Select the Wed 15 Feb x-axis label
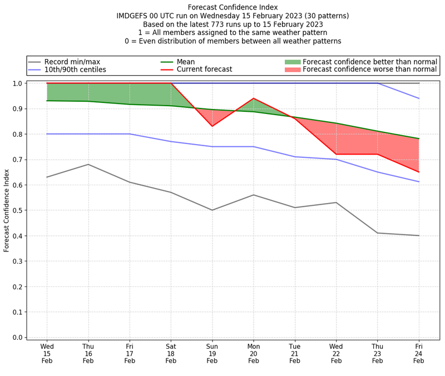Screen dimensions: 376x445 pos(47,353)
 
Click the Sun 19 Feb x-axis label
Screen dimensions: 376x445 pos(212,353)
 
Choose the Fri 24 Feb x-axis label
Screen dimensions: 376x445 pos(419,353)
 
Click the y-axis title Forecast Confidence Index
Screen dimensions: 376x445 pos(7,210)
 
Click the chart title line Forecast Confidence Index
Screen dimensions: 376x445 pos(233,7)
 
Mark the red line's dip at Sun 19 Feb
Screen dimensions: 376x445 pos(212,126)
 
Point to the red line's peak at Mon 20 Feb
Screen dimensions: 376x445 pos(254,98)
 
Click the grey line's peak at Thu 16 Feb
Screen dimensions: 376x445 pos(88,164)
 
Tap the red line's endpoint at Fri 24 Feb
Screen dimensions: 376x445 pos(419,172)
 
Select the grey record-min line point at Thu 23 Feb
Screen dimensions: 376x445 pos(378,233)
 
